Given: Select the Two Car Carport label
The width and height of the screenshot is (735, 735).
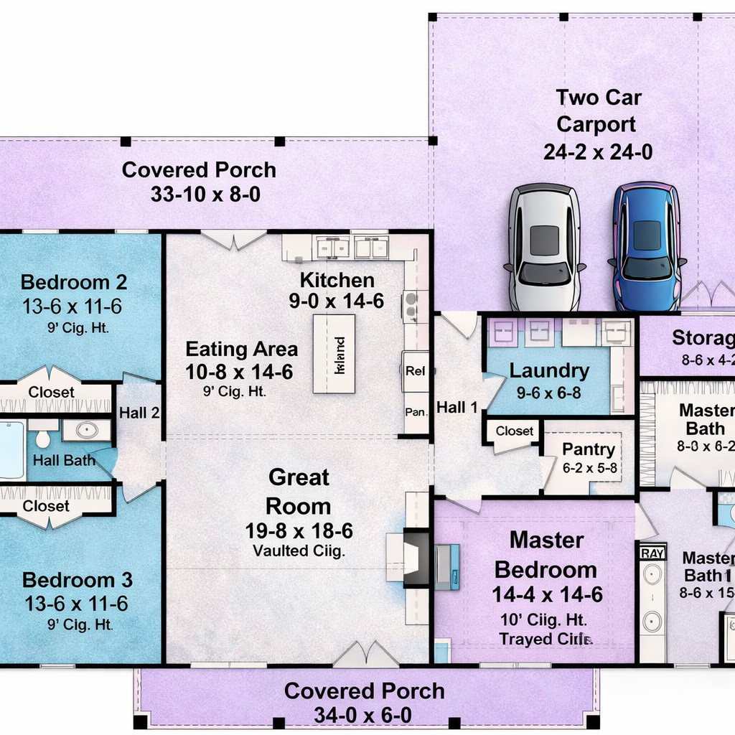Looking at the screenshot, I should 597,111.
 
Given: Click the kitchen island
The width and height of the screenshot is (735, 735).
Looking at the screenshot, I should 334,354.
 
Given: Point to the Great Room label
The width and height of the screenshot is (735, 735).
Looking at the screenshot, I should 299,492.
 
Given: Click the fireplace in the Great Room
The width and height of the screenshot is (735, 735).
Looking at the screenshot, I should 414,557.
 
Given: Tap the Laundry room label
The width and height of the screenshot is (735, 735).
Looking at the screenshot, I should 549,371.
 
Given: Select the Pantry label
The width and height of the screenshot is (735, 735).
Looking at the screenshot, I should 588,450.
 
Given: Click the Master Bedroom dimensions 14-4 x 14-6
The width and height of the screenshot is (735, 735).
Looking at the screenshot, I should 547,594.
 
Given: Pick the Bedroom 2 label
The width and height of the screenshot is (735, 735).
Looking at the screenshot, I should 74,281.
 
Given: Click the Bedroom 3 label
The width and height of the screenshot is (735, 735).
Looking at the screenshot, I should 78,580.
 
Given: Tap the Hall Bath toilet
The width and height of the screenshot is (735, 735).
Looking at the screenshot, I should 42,436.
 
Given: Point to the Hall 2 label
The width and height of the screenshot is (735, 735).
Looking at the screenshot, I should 139,413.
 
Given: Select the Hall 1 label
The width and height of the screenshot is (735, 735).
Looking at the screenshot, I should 457,408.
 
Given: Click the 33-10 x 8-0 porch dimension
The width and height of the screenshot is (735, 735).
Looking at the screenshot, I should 205,194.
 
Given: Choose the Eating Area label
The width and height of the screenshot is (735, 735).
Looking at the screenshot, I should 241,350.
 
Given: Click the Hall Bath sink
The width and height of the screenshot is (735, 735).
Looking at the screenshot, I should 87,431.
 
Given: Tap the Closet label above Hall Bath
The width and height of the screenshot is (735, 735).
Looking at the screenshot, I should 51,392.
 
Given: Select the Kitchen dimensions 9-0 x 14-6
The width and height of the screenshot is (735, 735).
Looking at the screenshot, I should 336,301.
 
